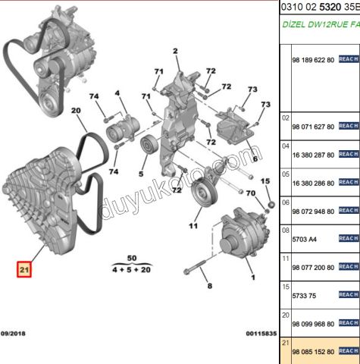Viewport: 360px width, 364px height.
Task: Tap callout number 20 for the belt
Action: (x=76, y=111)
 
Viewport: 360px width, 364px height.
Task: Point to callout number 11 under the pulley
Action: (x=193, y=226)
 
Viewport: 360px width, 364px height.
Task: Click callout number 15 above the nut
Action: (x=265, y=181)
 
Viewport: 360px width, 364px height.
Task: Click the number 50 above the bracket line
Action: (x=132, y=259)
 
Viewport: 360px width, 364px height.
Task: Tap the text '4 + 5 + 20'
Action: (x=132, y=269)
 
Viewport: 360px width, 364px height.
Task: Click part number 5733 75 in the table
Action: (x=306, y=295)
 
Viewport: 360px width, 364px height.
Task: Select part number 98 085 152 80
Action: (x=313, y=351)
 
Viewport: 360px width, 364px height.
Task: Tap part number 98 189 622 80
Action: (x=313, y=59)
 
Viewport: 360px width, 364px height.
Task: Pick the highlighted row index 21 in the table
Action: (x=286, y=343)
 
